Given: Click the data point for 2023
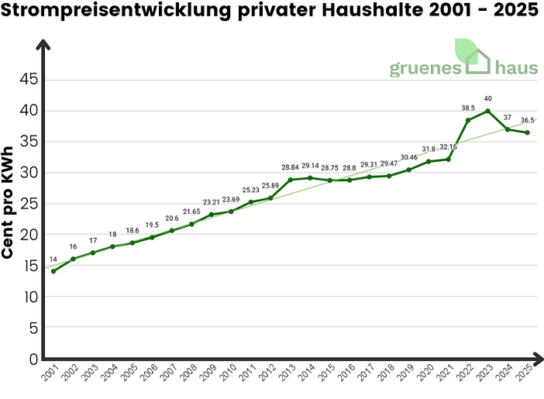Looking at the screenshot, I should [x=487, y=111].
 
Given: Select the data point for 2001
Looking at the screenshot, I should [x=53, y=271].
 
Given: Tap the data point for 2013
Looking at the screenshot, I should [x=290, y=180].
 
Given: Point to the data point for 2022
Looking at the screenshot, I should [x=468, y=120].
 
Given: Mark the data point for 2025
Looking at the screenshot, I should [x=527, y=132].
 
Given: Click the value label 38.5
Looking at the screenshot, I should [x=468, y=108].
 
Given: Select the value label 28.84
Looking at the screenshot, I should [x=290, y=167].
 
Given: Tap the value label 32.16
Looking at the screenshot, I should [x=449, y=146].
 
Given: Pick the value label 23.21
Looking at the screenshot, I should [x=211, y=202].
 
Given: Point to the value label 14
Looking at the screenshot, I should [x=53, y=260].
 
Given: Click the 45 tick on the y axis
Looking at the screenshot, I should [x=28, y=80].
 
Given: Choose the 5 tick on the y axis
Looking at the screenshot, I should [x=33, y=328].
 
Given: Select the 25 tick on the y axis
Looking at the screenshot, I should [x=28, y=204].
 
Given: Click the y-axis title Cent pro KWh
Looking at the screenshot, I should [x=10, y=203].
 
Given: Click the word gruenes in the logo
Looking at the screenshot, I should [x=425, y=68].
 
